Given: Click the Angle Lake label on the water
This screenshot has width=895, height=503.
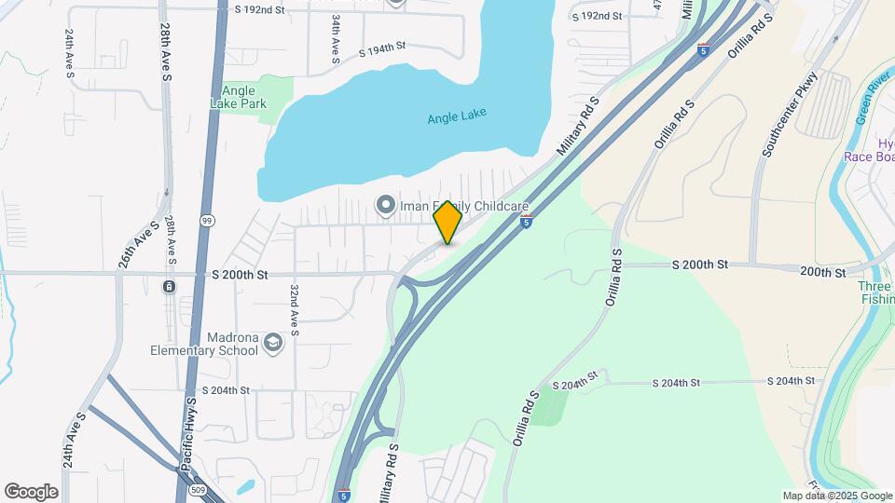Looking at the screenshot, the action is coord(457,117).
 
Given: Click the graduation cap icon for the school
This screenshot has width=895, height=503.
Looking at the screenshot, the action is coord(273,344).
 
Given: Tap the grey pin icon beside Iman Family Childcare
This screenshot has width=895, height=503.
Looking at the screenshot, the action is coord(384,204).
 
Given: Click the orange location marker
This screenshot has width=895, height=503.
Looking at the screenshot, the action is coord(448,224).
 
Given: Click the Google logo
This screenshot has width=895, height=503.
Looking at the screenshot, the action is coord(31,491).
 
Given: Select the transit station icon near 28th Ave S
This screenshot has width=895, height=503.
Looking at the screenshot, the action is coord(169,286).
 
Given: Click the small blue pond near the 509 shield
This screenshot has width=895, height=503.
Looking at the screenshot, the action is coord(245,486).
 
